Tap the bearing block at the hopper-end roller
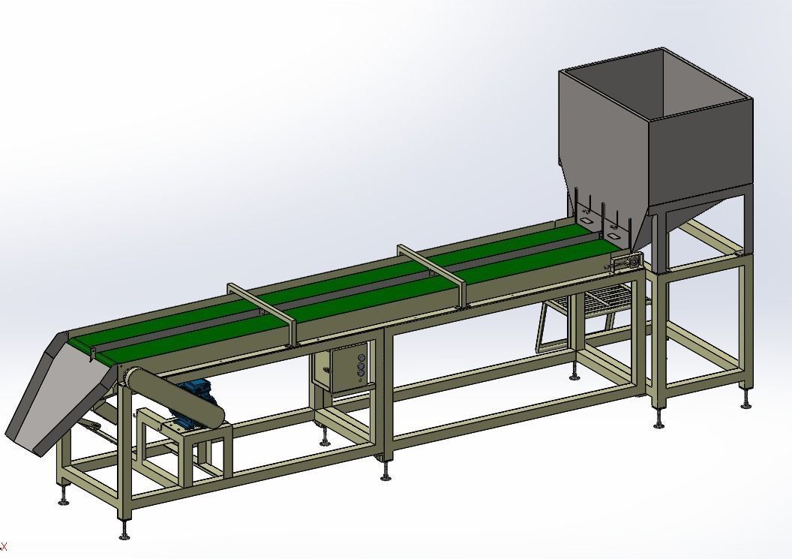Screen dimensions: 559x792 pyautogui.click(x=626, y=262)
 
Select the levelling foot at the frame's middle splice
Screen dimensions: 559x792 pyautogui.click(x=385, y=473)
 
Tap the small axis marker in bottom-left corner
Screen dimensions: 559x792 pyautogui.click(x=3, y=546)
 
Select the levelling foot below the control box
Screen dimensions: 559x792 pyautogui.click(x=324, y=440)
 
